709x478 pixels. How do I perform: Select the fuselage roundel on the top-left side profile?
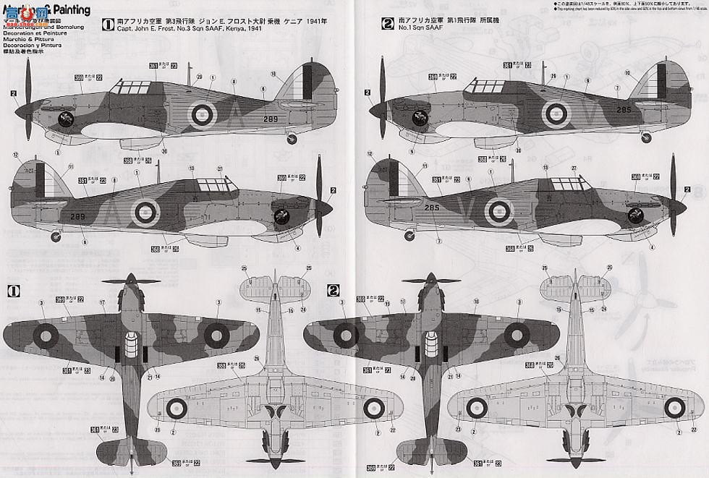(x=202, y=113)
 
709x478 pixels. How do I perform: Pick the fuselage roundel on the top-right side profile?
(x=556, y=111)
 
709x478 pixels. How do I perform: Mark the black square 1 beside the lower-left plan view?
(x=12, y=291)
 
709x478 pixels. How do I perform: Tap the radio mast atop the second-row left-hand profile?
(x=158, y=173)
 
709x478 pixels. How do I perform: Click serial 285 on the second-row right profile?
(x=432, y=208)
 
